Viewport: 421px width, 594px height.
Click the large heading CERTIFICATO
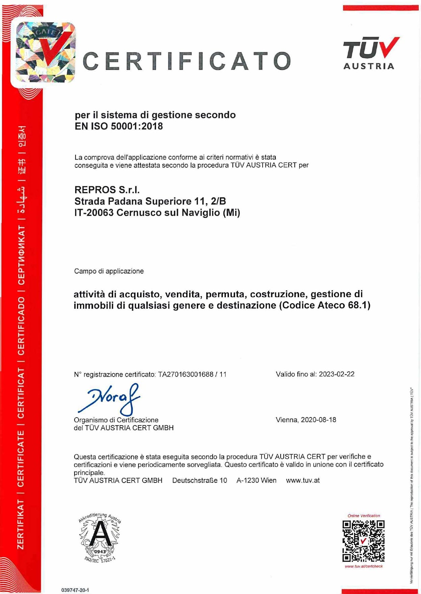[187, 61]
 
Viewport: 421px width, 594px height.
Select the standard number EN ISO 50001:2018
[119, 126]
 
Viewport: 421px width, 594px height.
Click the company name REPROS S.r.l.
[107, 190]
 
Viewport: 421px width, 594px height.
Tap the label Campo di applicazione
[109, 271]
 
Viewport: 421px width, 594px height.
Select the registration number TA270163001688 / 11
[192, 374]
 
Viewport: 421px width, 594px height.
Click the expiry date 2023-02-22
[337, 374]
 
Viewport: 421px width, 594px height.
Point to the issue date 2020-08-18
[318, 420]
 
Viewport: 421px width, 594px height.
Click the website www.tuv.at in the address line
[302, 480]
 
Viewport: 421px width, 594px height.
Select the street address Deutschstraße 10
[200, 480]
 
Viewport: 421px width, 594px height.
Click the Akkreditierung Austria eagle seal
[100, 538]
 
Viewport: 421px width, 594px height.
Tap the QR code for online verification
[363, 541]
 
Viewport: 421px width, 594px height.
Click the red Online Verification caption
[364, 516]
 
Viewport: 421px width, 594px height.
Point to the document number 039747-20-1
[75, 590]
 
